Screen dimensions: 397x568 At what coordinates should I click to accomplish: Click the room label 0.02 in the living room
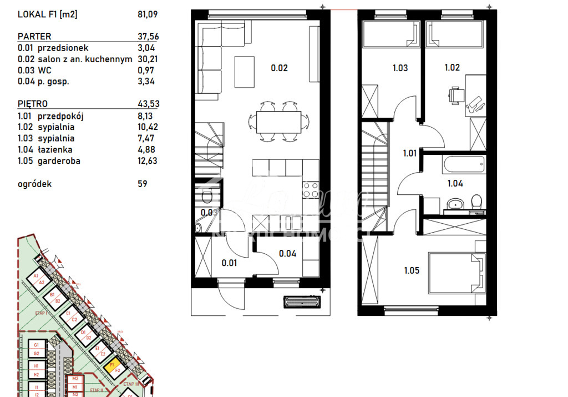click(279, 68)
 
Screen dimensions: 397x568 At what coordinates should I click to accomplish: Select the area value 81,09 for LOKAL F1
click(146, 15)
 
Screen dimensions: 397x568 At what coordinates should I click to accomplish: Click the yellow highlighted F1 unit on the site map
click(113, 367)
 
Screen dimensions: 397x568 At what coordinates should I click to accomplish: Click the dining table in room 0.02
click(278, 121)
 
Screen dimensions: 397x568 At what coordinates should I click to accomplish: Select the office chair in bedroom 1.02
click(455, 96)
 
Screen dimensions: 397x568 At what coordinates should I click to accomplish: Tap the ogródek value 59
click(143, 184)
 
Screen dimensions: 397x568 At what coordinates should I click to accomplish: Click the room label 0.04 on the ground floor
click(288, 254)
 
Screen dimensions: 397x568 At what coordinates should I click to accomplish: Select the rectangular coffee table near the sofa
click(244, 72)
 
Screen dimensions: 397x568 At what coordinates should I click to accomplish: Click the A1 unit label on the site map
click(36, 276)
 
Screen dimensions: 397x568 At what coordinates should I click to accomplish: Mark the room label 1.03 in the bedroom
click(400, 68)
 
